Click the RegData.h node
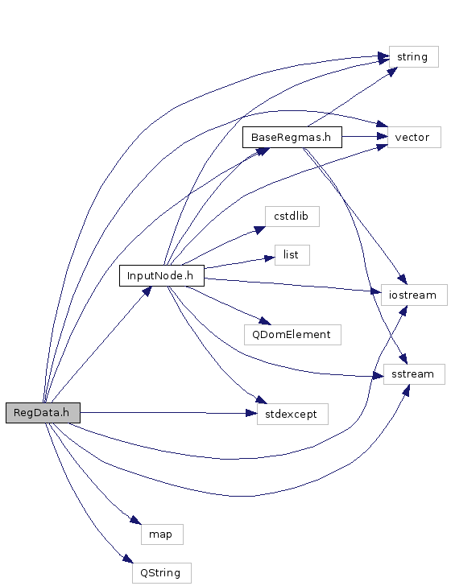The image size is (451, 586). [x=43, y=413]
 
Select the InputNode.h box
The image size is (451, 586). [x=162, y=276]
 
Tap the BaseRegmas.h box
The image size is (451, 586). [x=292, y=137]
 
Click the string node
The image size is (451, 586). [x=414, y=57]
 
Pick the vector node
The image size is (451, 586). [x=414, y=137]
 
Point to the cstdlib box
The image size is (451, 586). [x=292, y=217]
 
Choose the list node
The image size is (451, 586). [x=292, y=255]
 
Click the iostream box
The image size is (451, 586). [x=414, y=295]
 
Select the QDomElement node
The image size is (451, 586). [x=292, y=335]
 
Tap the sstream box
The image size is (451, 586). [x=414, y=374]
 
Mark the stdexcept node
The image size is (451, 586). [x=292, y=414]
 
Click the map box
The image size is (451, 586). [x=162, y=534]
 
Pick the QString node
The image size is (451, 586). [x=162, y=573]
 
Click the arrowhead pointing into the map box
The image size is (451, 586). [x=136, y=520]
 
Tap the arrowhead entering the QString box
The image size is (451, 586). [x=128, y=559]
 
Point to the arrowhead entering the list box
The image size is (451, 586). [x=269, y=258]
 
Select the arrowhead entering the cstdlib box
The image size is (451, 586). [x=259, y=229]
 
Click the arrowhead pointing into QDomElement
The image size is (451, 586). [x=265, y=320]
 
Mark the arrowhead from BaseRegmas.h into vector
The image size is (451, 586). [x=383, y=136]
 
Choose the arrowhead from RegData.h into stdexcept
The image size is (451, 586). [x=252, y=413]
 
